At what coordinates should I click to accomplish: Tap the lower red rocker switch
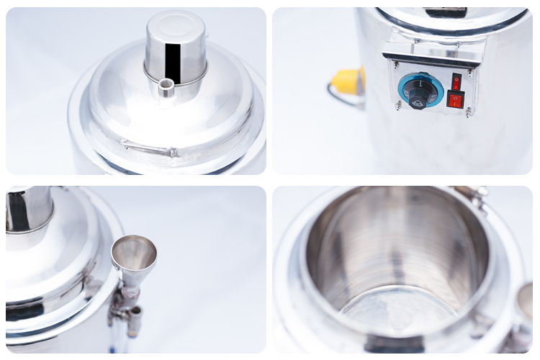[x=454, y=99]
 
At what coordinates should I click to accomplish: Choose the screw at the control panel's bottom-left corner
[x=397, y=105]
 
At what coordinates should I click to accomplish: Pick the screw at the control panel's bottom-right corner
[x=469, y=112]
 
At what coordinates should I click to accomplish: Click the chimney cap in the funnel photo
[x=29, y=209]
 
